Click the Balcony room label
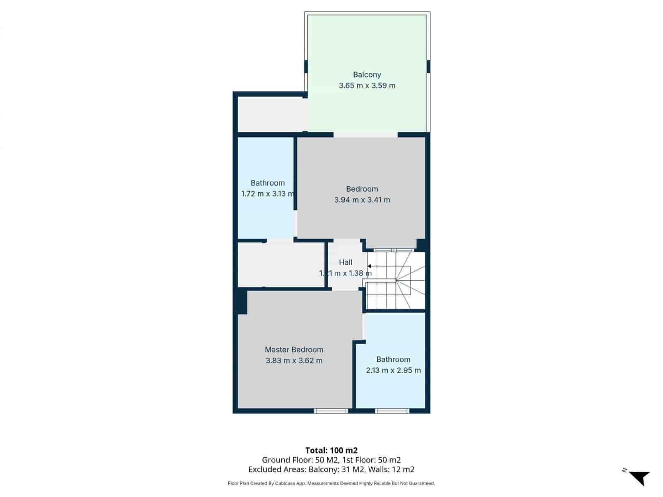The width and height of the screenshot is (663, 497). click(367, 75)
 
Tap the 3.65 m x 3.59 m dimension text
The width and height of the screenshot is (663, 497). click(367, 86)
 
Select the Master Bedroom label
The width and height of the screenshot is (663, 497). click(294, 350)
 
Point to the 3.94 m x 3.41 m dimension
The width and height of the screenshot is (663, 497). click(362, 200)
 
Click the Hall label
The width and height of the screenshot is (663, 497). click(345, 262)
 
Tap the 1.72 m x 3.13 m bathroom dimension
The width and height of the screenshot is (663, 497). click(267, 193)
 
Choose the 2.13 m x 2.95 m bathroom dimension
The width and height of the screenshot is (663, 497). click(393, 370)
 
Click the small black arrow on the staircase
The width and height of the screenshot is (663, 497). click(369, 266)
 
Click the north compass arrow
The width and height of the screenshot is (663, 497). click(640, 478)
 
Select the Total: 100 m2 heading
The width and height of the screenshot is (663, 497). click(331, 450)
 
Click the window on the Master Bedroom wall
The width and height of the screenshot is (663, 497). click(331, 411)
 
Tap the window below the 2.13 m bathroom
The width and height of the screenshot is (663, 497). click(392, 411)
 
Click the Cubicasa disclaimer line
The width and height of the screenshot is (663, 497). click(331, 483)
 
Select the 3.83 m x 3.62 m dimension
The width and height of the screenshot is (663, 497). click(294, 360)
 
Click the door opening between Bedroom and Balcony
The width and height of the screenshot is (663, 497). click(365, 135)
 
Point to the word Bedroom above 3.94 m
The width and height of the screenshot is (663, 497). click(362, 189)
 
